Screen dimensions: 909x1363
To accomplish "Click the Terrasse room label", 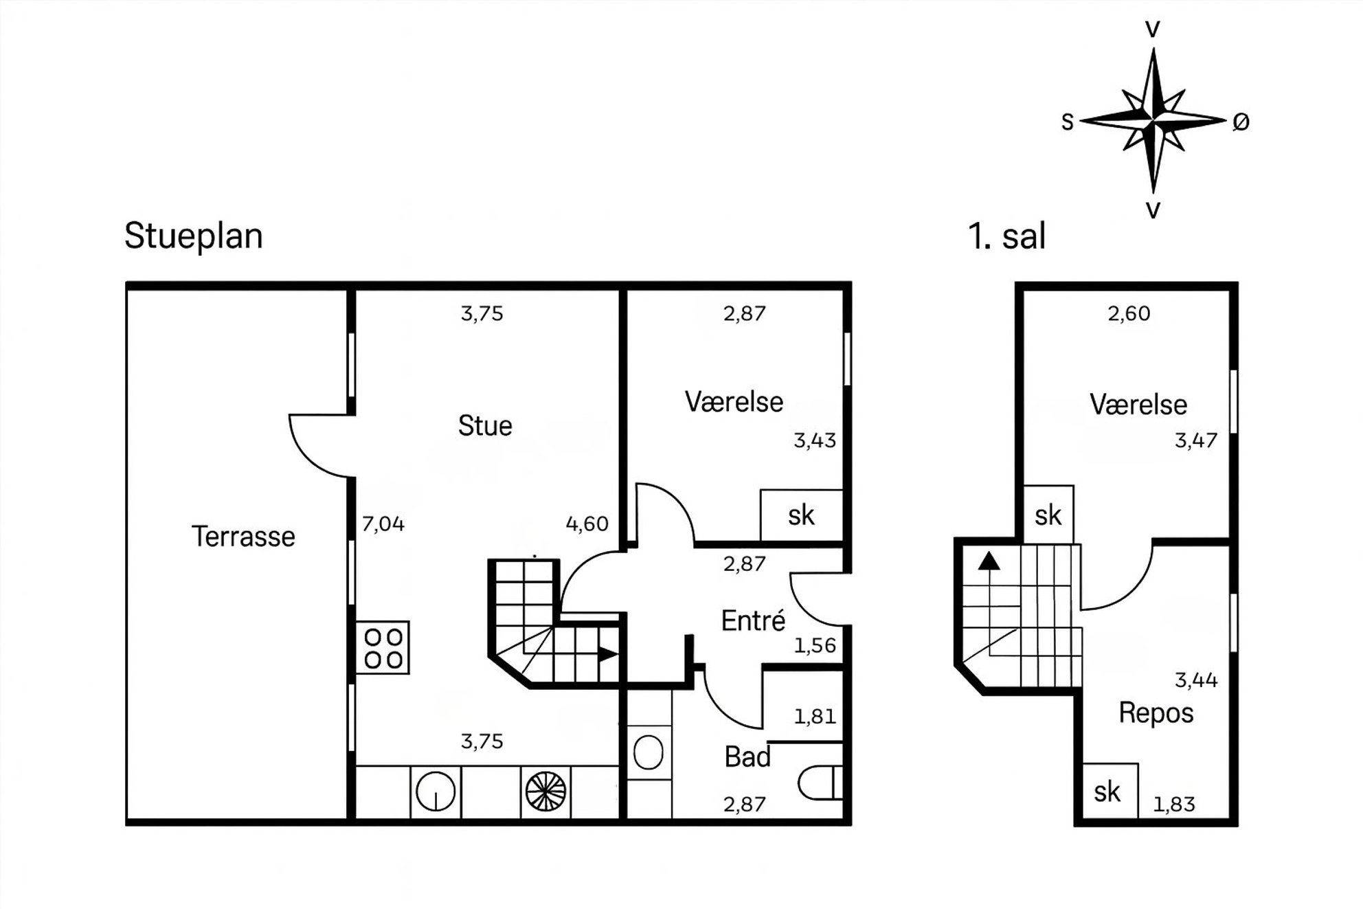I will tap(243, 537).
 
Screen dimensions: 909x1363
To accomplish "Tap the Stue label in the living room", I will tap(485, 426).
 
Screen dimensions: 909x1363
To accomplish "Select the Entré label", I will tap(753, 621).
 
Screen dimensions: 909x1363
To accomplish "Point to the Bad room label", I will tap(747, 757).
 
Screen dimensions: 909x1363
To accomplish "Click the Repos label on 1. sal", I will tap(1156, 713).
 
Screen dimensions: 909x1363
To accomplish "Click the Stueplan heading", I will tap(194, 236).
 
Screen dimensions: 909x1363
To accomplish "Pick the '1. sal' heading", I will tap(1006, 236).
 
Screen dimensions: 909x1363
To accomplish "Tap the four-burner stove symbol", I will tap(383, 648).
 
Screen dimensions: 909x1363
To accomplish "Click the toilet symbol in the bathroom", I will tap(820, 783).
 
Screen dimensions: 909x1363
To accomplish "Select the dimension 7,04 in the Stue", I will tap(383, 524).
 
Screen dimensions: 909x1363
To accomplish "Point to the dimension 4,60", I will tap(587, 524).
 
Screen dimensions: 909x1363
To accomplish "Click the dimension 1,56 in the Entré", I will tap(815, 646).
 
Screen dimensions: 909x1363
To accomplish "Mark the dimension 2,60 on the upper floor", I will tap(1129, 314).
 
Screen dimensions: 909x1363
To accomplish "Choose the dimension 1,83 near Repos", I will tap(1174, 805).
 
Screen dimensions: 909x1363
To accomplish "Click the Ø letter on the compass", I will tap(1241, 122).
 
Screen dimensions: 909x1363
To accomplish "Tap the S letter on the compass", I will tap(1067, 122).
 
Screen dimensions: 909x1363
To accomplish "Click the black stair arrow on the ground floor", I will tap(607, 654).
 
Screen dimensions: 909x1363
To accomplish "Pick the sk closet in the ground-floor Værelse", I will tap(801, 515).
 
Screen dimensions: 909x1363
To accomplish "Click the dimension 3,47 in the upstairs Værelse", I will tap(1196, 440).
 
